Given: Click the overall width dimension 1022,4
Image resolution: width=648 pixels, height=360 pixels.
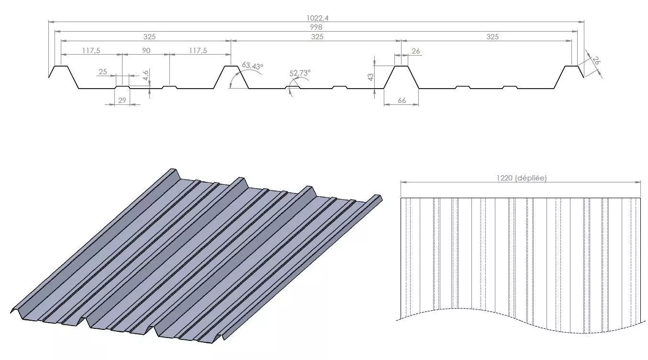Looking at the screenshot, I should coord(318,18).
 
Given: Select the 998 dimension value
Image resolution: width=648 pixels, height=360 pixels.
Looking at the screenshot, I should coord(317,27).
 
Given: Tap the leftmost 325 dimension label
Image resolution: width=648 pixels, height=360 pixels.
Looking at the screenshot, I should coord(149,36).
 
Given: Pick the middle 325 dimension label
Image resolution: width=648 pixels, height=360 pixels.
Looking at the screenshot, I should coord(317,36).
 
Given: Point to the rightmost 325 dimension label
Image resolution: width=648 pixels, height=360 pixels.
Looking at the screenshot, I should coord(492,36).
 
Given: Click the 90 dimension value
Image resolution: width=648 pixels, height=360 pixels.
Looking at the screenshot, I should coord(146,50).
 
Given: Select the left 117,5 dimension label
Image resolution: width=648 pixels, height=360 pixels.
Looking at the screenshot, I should coord(91,50).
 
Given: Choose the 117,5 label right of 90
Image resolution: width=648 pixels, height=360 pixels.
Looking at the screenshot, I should coord(198,50).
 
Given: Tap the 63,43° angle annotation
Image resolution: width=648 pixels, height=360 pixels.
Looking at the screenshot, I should coord(253,66).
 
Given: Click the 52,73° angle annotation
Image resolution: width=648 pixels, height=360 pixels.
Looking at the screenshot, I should coord(300,73).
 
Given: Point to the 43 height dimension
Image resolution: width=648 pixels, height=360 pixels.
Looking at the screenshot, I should coord(370,77).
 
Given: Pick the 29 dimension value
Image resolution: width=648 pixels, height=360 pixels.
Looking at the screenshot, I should coord(122,100).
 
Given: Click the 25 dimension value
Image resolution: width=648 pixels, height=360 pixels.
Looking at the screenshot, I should coord(102,72).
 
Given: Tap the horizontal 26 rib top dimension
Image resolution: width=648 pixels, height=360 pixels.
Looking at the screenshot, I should coord(416,51).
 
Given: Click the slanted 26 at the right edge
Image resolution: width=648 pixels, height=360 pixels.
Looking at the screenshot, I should coord(596,61).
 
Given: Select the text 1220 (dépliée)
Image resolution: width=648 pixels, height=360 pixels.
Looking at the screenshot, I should coord(521,178).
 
